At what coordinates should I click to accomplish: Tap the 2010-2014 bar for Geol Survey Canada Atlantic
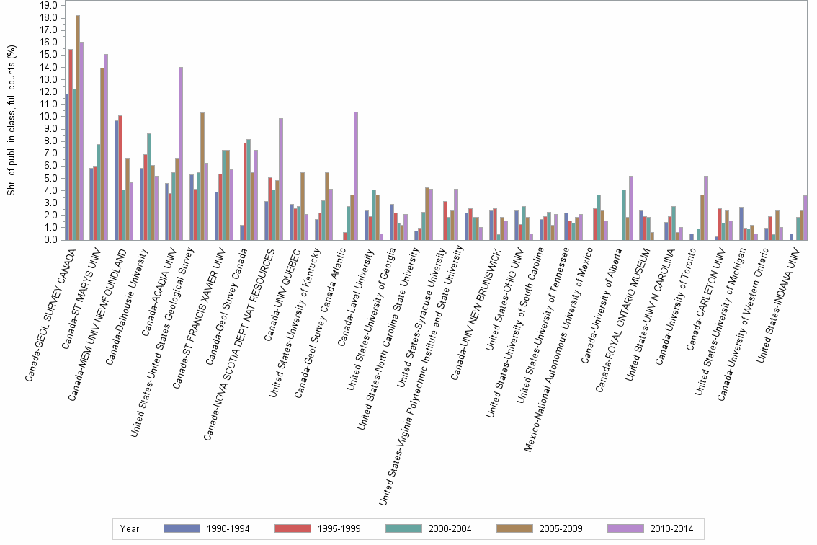pos(356,176)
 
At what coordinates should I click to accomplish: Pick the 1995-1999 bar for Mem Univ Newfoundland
pos(120,177)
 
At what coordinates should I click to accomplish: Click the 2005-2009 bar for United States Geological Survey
pos(202,177)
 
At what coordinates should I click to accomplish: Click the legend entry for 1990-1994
pos(207,528)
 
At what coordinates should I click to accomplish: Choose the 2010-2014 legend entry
pos(651,528)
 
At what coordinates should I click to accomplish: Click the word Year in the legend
pos(130,528)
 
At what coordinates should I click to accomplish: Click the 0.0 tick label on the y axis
pos(52,239)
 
